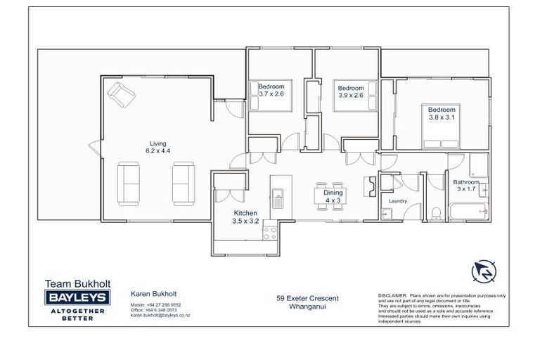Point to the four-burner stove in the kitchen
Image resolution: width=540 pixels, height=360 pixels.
point(269,232)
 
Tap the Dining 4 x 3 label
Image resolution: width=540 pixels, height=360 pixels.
point(333,196)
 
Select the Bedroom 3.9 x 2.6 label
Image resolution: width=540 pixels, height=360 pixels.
point(350,91)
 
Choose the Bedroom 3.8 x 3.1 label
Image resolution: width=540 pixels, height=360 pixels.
point(442,114)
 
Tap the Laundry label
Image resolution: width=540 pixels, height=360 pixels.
point(398,201)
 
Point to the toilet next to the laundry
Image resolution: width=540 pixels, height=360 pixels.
point(435,213)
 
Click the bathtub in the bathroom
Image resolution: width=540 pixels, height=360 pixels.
point(468,210)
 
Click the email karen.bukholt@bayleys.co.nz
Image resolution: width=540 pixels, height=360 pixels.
point(160,316)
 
